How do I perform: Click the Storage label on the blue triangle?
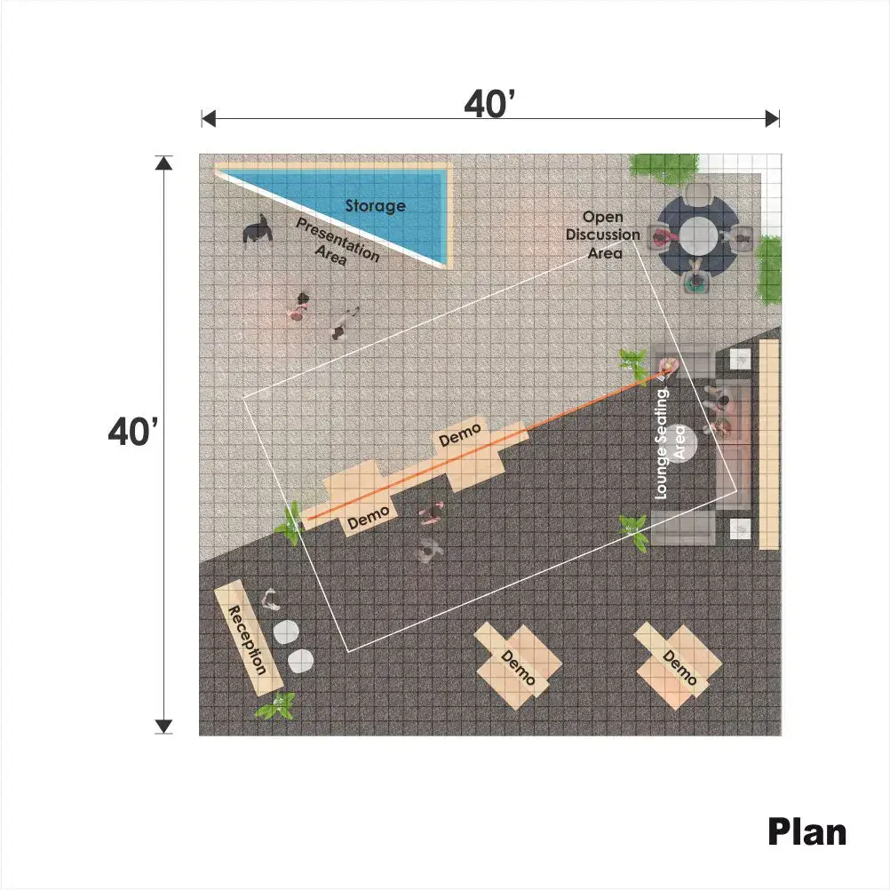[x=375, y=205]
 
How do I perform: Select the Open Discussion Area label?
[x=603, y=235]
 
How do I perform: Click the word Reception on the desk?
[x=247, y=640]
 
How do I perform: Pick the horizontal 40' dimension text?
[x=489, y=105]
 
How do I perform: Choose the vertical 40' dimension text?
[x=133, y=432]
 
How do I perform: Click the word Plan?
[x=807, y=832]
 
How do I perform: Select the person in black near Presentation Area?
[x=257, y=230]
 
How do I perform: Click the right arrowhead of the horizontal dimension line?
[x=773, y=119]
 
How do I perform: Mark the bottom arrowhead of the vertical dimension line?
[x=163, y=727]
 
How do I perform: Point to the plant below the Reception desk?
[x=276, y=706]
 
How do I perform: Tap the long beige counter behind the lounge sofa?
[x=769, y=444]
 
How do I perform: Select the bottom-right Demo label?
[x=679, y=668]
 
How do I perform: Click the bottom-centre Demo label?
[x=518, y=668]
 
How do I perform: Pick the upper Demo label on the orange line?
[x=460, y=434]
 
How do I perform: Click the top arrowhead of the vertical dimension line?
[x=163, y=163]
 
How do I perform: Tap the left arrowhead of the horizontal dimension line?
[x=209, y=119]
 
